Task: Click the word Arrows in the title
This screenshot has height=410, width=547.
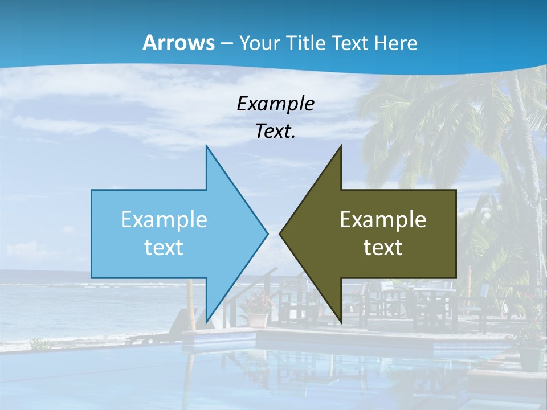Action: (179, 43)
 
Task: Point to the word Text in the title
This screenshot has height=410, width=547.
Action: (352, 43)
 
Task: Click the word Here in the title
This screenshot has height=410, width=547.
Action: (395, 43)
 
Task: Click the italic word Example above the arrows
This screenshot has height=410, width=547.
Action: (275, 104)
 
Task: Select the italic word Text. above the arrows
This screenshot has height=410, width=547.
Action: (275, 132)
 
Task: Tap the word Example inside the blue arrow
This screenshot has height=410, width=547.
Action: (164, 220)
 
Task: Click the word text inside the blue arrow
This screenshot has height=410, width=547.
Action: (164, 248)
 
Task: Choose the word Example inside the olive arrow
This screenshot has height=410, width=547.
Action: (383, 220)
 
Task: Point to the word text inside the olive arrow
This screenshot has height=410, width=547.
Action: (383, 248)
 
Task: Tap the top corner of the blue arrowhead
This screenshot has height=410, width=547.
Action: (207, 147)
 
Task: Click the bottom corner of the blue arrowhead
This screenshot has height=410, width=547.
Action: (207, 321)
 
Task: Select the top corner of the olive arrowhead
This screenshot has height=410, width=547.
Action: (340, 147)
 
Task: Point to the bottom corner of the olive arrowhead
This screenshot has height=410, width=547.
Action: (340, 321)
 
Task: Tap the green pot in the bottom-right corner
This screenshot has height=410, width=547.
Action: (531, 357)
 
